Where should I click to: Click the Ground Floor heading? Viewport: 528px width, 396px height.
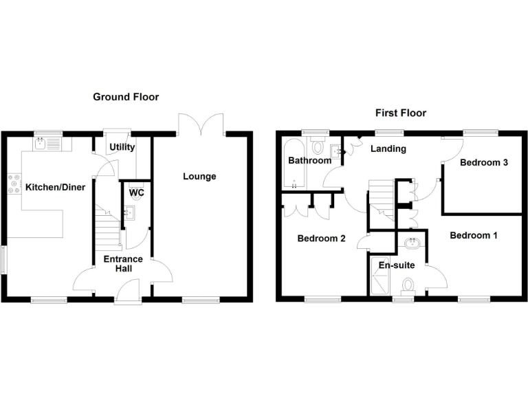(126, 97)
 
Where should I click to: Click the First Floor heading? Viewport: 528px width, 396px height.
(400, 113)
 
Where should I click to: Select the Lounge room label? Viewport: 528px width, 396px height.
(199, 176)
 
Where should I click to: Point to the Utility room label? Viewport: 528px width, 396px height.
(122, 147)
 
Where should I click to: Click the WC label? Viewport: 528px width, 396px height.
(137, 192)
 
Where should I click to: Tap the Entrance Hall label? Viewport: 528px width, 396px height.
(123, 264)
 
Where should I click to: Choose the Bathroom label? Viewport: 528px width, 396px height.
(309, 161)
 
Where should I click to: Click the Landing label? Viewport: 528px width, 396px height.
(388, 148)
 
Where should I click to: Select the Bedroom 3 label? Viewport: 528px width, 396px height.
(484, 163)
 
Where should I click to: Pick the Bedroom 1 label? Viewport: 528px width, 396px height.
(474, 235)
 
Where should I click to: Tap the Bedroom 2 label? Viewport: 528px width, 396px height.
(321, 239)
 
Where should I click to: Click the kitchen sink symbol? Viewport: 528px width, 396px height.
(43, 144)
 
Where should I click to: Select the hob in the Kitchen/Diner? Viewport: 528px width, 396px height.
(12, 184)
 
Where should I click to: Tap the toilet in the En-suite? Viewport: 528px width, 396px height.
(408, 284)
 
